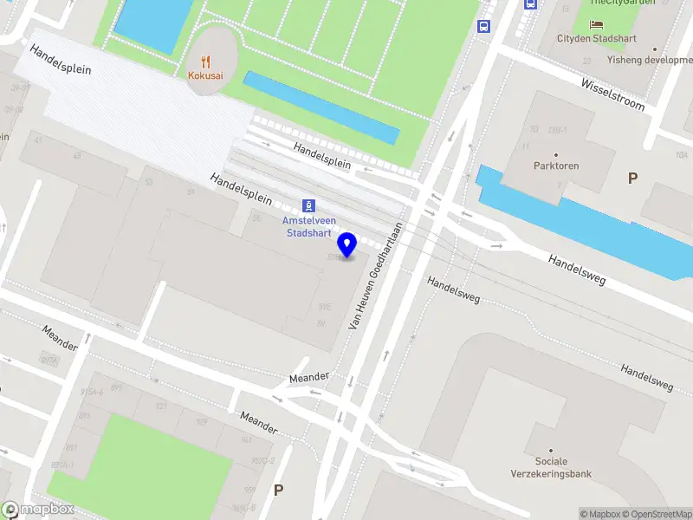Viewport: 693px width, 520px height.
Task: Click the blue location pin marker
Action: (348, 244)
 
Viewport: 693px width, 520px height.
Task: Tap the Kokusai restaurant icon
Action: (206, 62)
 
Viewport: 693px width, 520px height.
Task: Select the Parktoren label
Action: (556, 166)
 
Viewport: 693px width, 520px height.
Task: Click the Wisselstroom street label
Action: (613, 95)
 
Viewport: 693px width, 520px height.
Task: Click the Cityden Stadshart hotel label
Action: (597, 39)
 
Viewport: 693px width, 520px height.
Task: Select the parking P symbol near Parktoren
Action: (633, 178)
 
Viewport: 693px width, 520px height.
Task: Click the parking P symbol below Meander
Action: (279, 490)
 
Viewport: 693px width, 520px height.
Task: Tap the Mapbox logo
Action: (37, 510)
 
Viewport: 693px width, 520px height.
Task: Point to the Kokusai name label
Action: (206, 75)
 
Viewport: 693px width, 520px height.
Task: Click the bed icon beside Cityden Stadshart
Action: (597, 23)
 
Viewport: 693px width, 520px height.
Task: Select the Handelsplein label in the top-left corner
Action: (60, 58)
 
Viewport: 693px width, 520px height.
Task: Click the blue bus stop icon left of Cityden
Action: (483, 26)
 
